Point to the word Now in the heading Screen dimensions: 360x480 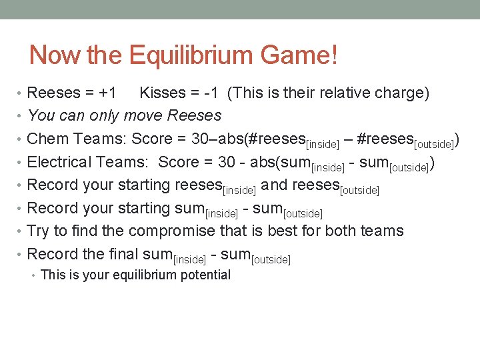click(x=56, y=55)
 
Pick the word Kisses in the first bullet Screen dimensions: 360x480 click(x=163, y=93)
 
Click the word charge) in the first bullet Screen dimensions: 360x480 click(x=402, y=93)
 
